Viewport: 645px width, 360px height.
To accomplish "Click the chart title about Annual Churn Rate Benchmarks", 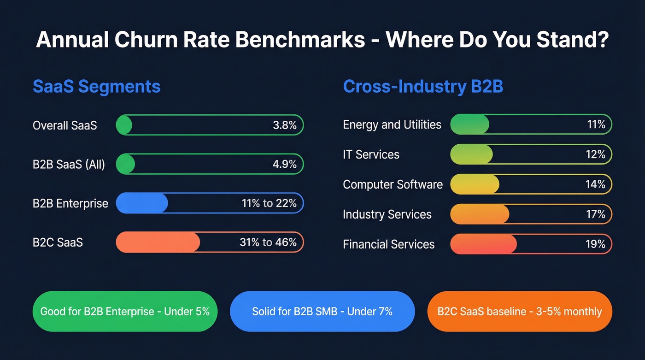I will pyautogui.click(x=322, y=40).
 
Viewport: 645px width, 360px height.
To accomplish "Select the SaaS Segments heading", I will pyautogui.click(x=96, y=87).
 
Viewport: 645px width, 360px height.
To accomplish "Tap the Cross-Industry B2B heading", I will pyautogui.click(x=423, y=87).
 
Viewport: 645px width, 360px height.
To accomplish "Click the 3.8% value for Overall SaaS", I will pyautogui.click(x=284, y=125).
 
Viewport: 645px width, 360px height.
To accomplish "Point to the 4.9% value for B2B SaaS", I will pyautogui.click(x=284, y=164).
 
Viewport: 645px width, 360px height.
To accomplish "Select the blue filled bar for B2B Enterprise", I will pyautogui.click(x=142, y=203).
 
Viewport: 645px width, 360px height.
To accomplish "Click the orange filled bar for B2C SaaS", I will pyautogui.click(x=158, y=242).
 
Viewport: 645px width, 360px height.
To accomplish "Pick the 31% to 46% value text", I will pyautogui.click(x=268, y=242).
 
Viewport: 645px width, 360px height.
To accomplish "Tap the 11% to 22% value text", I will pyautogui.click(x=269, y=203).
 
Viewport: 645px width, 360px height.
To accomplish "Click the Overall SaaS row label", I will pyautogui.click(x=64, y=125).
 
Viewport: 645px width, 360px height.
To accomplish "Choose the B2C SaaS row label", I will pyautogui.click(x=58, y=242).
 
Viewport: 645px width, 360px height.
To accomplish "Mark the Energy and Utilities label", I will pyautogui.click(x=392, y=125).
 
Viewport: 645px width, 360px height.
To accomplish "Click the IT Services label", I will pyautogui.click(x=371, y=154).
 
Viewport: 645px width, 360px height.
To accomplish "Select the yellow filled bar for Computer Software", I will pyautogui.click(x=475, y=184).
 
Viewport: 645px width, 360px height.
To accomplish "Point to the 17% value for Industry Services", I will pyautogui.click(x=595, y=214).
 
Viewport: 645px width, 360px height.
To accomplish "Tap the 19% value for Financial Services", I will pyautogui.click(x=595, y=244).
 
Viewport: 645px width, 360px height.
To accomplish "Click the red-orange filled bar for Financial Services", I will pyautogui.click(x=483, y=244).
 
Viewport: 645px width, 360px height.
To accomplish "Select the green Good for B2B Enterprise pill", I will pyautogui.click(x=124, y=312).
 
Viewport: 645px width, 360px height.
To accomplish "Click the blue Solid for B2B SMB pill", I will pyautogui.click(x=322, y=312).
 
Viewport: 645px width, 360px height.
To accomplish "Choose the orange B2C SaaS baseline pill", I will pyautogui.click(x=519, y=312).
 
